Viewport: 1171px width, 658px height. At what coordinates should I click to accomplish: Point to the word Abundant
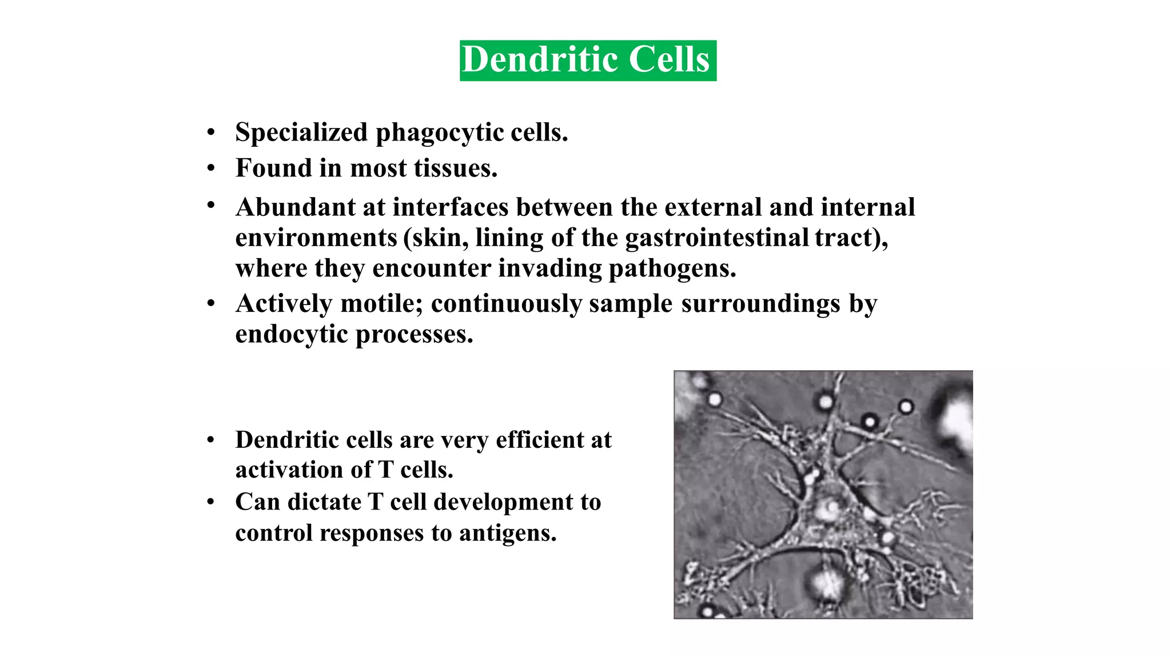[295, 207]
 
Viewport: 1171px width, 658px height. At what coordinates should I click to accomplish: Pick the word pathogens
[672, 269]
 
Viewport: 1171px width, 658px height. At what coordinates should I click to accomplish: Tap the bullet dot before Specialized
[211, 133]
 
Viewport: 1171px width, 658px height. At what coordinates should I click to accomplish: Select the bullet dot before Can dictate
[211, 503]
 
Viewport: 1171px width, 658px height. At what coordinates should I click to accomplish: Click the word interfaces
[450, 207]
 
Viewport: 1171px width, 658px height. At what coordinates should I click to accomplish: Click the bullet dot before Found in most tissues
[211, 168]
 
